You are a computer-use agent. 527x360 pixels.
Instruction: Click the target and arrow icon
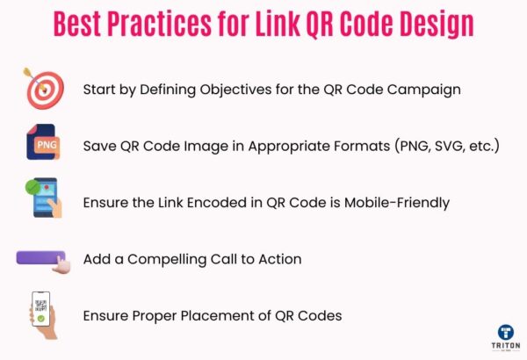coord(40,89)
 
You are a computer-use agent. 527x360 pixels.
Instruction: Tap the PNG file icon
coord(42,143)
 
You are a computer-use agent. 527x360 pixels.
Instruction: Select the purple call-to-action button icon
coord(42,259)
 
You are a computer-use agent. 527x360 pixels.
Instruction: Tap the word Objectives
coord(236,90)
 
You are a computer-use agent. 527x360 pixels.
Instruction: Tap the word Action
coord(279,259)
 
